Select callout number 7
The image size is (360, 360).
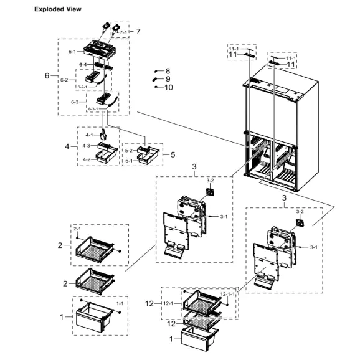click(x=138, y=31)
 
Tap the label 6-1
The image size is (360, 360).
click(x=72, y=52)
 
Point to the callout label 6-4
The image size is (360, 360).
click(x=83, y=65)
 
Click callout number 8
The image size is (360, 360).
click(x=168, y=72)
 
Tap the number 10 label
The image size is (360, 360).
click(x=168, y=80)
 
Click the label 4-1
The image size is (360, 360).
click(x=88, y=135)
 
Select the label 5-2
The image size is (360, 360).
click(x=129, y=151)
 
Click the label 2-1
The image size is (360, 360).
click(x=77, y=229)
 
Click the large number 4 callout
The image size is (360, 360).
click(x=67, y=147)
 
